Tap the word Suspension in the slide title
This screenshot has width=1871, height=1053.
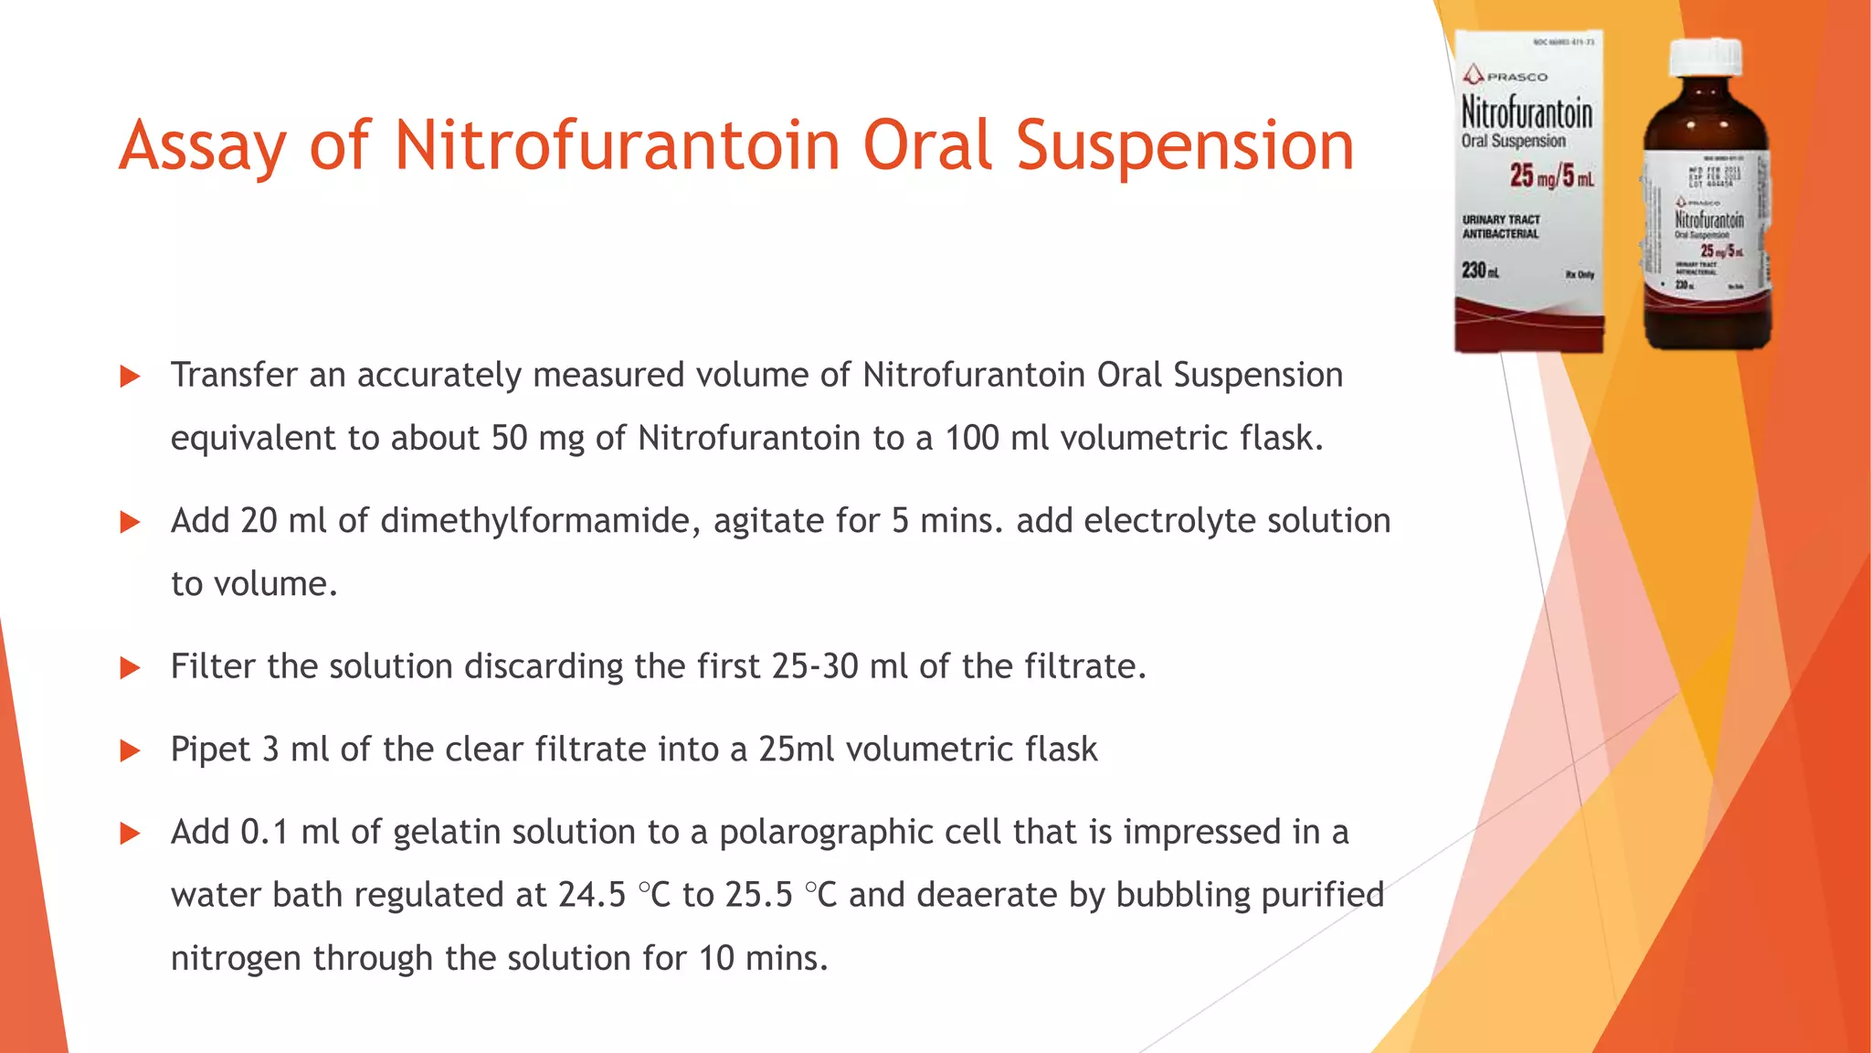1185,146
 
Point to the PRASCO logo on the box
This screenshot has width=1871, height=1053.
1506,76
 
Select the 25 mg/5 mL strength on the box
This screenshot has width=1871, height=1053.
1551,175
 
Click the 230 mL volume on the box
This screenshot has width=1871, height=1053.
1480,271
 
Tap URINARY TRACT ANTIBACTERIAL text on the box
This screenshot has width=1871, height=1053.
1501,227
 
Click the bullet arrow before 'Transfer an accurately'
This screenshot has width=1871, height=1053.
131,377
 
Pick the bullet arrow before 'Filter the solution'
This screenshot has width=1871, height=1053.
131,668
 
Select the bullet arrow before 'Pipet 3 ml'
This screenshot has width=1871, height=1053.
131,751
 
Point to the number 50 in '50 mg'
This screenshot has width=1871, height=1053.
509,439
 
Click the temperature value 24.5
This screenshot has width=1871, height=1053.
592,895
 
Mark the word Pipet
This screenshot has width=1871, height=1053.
210,750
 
